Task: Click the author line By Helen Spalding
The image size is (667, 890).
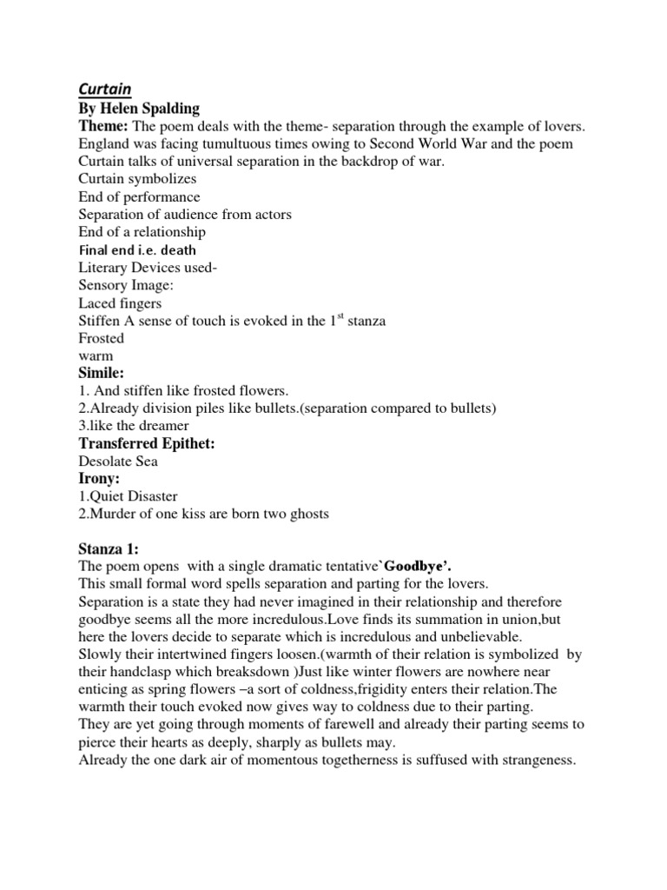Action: click(x=139, y=109)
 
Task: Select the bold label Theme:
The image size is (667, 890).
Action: click(x=103, y=126)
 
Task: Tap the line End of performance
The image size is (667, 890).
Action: click(x=139, y=196)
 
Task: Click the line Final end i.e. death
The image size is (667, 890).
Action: click(x=137, y=250)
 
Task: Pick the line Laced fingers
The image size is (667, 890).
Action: click(x=120, y=303)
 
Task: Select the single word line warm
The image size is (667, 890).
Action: click(x=96, y=355)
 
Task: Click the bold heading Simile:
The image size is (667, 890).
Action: click(x=102, y=374)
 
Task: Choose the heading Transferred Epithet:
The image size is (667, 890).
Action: click(x=147, y=444)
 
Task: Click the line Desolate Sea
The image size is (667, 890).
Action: click(x=118, y=462)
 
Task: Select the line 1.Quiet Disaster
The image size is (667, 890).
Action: click(x=128, y=496)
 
